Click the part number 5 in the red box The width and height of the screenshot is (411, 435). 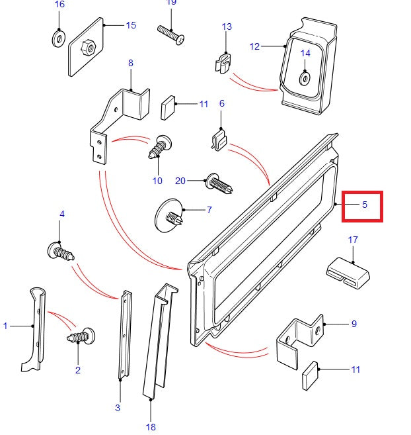click(364, 205)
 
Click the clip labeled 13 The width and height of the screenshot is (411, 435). click(225, 62)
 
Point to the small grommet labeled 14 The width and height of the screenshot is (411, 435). click(305, 77)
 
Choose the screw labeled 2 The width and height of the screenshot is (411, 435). click(81, 338)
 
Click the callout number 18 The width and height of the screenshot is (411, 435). click(151, 427)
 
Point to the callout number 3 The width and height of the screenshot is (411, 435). click(118, 407)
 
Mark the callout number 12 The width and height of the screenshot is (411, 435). click(254, 46)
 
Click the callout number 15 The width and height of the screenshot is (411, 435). click(130, 25)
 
